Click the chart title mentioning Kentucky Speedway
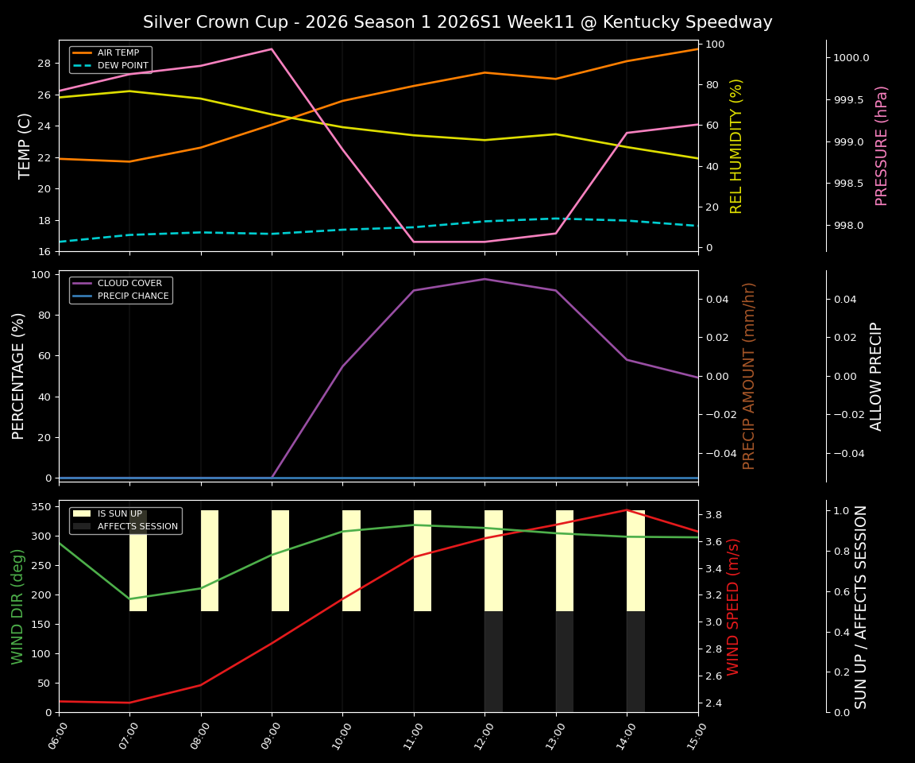(457, 22)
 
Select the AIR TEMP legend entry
(118, 53)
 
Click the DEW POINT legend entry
(122, 66)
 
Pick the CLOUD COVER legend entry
(129, 284)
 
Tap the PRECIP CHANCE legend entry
(133, 296)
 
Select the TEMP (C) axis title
(25, 145)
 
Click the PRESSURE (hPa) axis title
(882, 145)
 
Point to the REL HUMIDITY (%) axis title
(736, 145)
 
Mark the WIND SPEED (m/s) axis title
(733, 606)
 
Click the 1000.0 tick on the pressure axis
(851, 58)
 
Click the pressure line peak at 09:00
(272, 49)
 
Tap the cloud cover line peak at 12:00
(485, 279)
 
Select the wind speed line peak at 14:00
(627, 510)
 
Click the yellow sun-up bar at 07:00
(138, 561)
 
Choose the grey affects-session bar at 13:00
(565, 661)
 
